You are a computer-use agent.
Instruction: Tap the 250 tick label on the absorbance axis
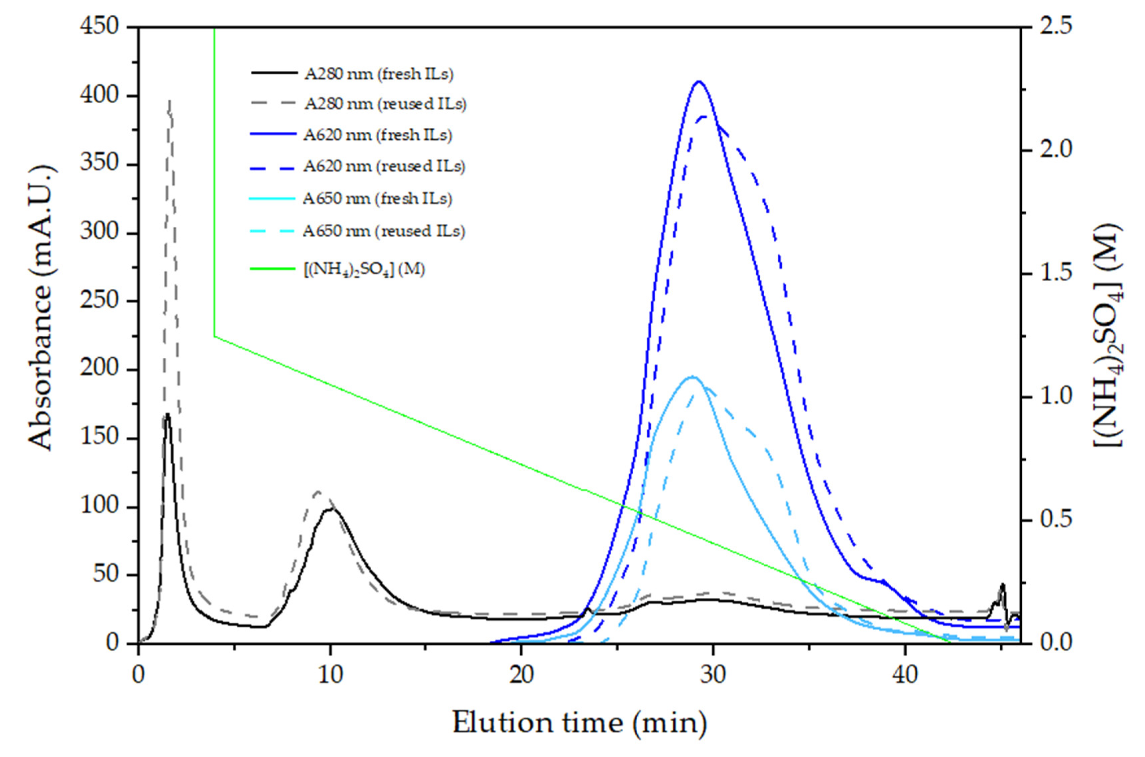(99, 301)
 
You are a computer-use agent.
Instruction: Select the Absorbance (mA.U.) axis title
(41, 309)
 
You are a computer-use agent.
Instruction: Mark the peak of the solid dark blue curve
(698, 81)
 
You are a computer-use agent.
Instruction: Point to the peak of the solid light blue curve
(692, 376)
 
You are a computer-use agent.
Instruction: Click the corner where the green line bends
(214, 336)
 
